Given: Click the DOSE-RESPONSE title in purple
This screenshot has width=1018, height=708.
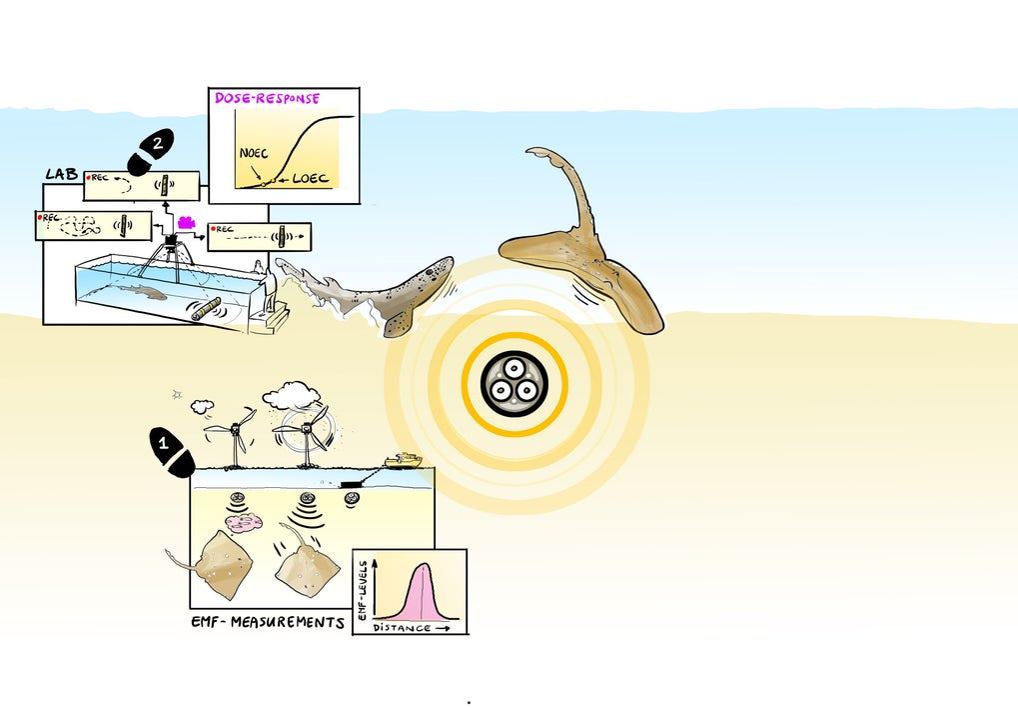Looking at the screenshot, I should [x=267, y=99].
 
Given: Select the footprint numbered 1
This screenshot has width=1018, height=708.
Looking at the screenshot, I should [x=171, y=451].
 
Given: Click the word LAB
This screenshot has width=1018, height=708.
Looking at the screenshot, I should [x=61, y=174].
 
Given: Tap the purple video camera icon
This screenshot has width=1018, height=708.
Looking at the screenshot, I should [x=187, y=223].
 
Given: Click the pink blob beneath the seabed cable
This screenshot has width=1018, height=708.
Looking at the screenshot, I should [x=245, y=521].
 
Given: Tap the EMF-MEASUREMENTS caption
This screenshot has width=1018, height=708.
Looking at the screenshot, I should [x=267, y=622].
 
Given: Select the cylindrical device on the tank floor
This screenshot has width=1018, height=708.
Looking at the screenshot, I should [x=206, y=309].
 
